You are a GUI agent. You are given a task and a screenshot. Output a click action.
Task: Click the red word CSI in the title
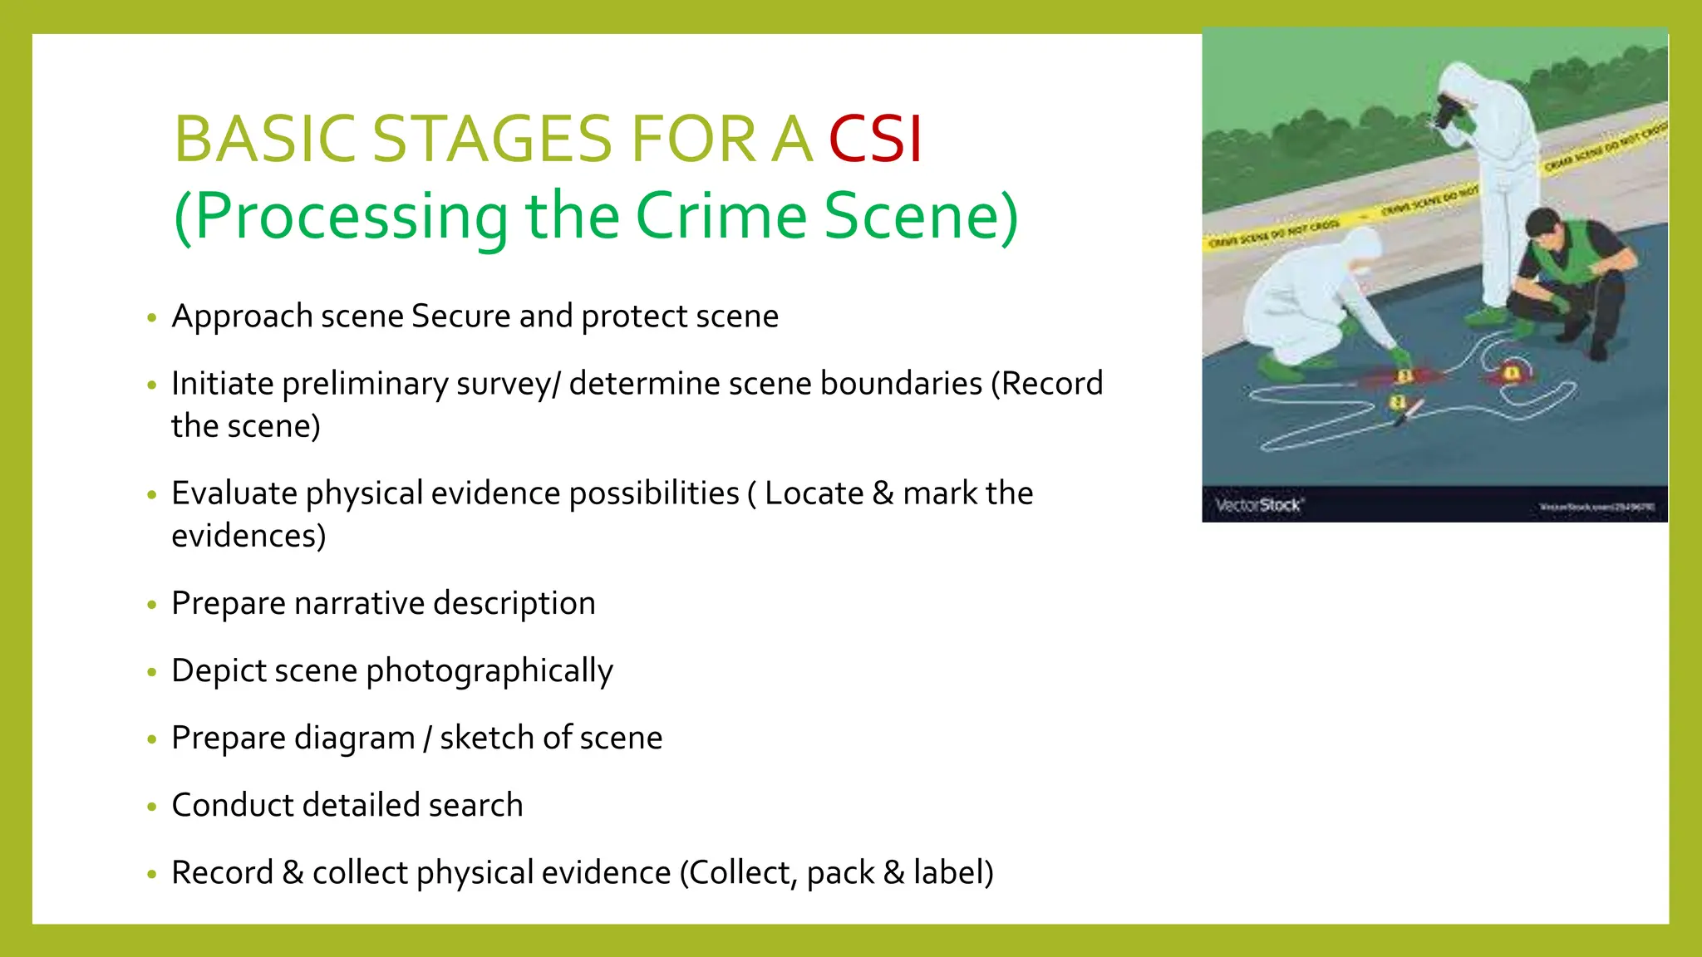coord(875,139)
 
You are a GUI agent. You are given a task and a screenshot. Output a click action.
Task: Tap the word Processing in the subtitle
coord(351,216)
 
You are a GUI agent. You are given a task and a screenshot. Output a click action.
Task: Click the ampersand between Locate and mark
coord(883,493)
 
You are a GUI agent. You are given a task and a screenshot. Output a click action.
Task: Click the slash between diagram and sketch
coord(427,739)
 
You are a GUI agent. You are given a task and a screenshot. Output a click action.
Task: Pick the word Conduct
coord(232,806)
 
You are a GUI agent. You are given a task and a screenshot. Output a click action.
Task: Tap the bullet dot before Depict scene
coord(151,672)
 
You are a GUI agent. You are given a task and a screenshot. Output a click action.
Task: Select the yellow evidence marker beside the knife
coord(1397,402)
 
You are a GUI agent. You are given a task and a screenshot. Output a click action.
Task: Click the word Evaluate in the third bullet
coord(234,493)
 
